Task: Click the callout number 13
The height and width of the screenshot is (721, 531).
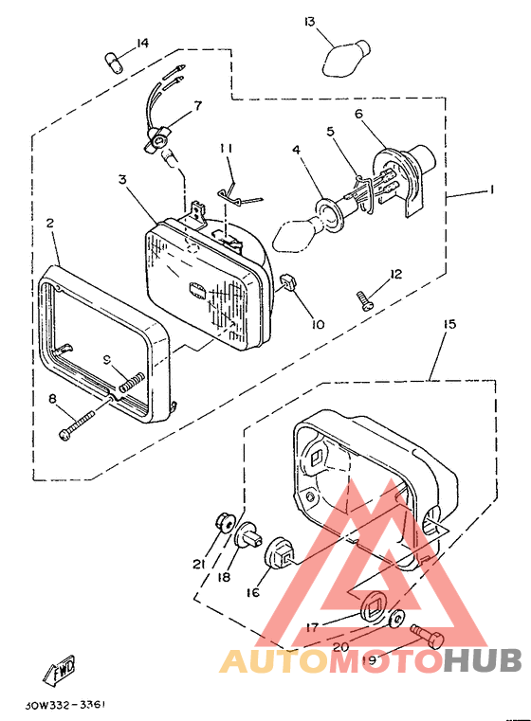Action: (x=310, y=22)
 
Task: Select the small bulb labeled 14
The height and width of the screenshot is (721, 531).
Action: (x=114, y=63)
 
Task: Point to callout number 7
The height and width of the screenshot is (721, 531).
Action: (x=197, y=106)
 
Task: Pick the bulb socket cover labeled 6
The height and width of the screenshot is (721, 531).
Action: (x=404, y=180)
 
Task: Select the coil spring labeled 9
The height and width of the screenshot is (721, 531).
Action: (x=131, y=383)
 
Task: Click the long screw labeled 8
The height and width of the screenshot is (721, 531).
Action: (x=77, y=424)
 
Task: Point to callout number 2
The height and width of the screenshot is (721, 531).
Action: (x=50, y=223)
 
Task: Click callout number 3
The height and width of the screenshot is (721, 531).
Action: (x=122, y=179)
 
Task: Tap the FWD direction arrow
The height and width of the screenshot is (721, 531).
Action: (x=59, y=669)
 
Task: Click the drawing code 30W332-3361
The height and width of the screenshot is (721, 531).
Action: (x=65, y=705)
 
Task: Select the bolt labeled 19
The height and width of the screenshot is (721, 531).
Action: (x=428, y=636)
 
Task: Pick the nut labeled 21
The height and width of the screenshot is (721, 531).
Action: (x=225, y=523)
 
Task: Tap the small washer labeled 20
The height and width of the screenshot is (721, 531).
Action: (x=395, y=619)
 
